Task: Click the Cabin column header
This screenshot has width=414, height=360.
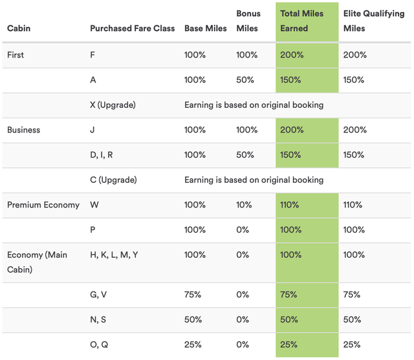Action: click(x=19, y=28)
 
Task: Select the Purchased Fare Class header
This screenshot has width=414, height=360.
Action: click(x=132, y=28)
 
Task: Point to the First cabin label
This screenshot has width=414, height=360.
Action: click(x=16, y=55)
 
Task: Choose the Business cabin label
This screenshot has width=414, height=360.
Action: click(x=23, y=130)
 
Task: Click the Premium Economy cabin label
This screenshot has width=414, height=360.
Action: click(x=43, y=205)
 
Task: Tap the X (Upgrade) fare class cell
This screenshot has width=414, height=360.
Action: click(x=113, y=105)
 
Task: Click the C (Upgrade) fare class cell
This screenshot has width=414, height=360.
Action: click(x=113, y=180)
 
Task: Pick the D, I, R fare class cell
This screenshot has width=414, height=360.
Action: click(x=102, y=155)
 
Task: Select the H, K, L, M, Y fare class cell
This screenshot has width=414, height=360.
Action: click(x=114, y=255)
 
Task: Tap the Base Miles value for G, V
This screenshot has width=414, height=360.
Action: click(x=193, y=295)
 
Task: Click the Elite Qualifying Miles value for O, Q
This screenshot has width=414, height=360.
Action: click(x=353, y=344)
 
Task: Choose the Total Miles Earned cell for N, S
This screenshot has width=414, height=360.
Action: click(x=289, y=320)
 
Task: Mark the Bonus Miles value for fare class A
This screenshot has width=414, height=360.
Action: click(x=245, y=80)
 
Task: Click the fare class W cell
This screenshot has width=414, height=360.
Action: click(x=94, y=205)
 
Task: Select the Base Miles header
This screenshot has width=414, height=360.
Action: click(x=205, y=28)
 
